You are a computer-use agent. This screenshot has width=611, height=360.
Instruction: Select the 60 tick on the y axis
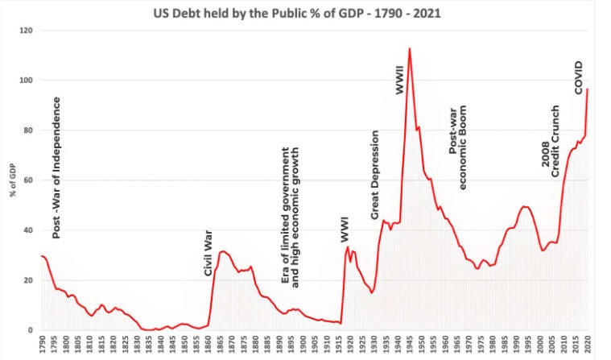click(27, 180)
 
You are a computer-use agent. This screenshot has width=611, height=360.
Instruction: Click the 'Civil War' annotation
click(208, 254)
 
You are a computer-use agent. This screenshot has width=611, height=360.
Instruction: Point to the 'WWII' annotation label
click(400, 81)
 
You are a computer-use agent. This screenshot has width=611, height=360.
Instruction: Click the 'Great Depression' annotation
click(374, 175)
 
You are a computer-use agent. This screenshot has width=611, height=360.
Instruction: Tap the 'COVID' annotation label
click(578, 77)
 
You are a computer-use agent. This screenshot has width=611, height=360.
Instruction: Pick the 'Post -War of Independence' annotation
click(56, 168)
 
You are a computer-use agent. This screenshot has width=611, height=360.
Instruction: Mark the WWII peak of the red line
click(410, 48)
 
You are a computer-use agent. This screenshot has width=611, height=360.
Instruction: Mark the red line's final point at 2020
click(587, 89)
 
